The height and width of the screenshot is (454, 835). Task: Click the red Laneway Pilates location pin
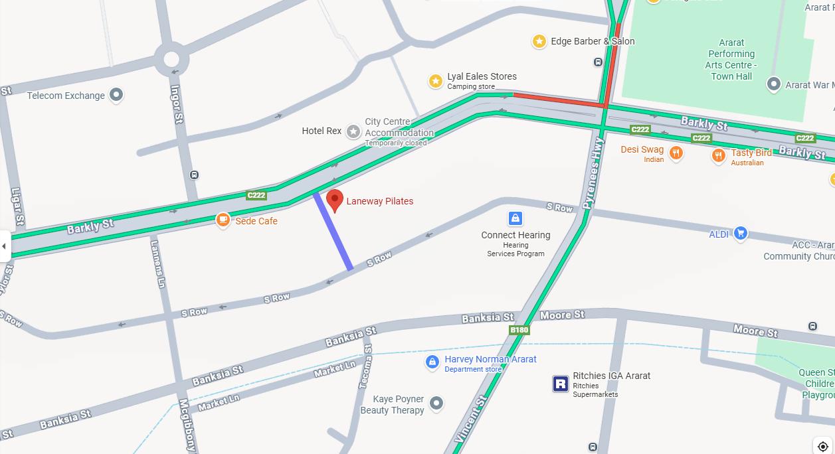coord(335,200)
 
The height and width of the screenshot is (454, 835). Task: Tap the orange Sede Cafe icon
coord(223,219)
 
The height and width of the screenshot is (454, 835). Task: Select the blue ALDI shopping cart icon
coord(740,233)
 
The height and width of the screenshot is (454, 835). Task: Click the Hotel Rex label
coord(322,131)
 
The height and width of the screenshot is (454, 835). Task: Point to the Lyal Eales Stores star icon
coord(435,81)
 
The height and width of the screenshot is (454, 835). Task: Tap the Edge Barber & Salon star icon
coord(539,41)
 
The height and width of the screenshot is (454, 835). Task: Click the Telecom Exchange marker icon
coord(116,96)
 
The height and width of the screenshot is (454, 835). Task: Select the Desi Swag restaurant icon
coord(676,154)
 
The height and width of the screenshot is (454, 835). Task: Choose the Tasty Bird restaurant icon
coord(718,156)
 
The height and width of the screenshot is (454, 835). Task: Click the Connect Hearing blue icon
coord(515,218)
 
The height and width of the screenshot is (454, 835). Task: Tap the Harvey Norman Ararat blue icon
coord(432,362)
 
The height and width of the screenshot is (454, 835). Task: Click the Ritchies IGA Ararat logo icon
coord(560,384)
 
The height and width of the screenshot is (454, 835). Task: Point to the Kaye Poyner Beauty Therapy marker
coord(436,402)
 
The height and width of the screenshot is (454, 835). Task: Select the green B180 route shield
coord(519,330)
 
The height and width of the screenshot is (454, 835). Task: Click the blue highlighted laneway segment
coord(333,231)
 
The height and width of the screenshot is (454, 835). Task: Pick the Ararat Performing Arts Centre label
coord(731,59)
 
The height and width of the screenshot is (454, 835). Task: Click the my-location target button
coord(822,446)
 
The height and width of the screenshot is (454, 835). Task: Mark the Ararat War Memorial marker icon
coord(773,84)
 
